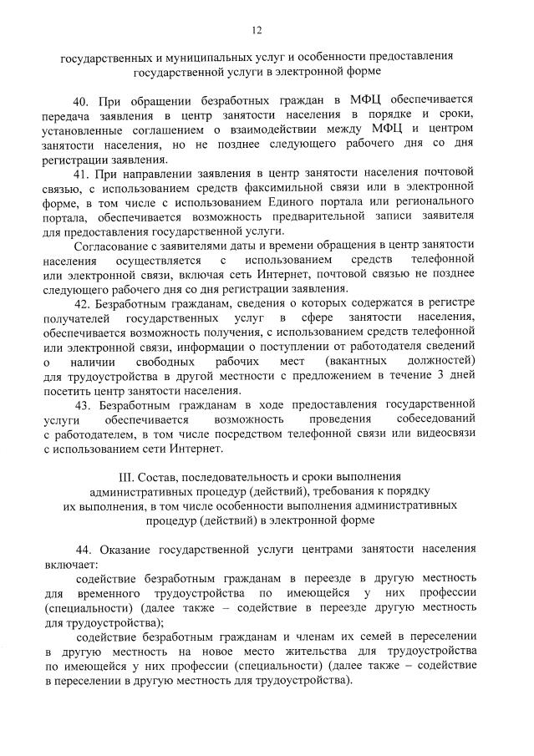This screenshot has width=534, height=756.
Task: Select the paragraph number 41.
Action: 83,173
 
